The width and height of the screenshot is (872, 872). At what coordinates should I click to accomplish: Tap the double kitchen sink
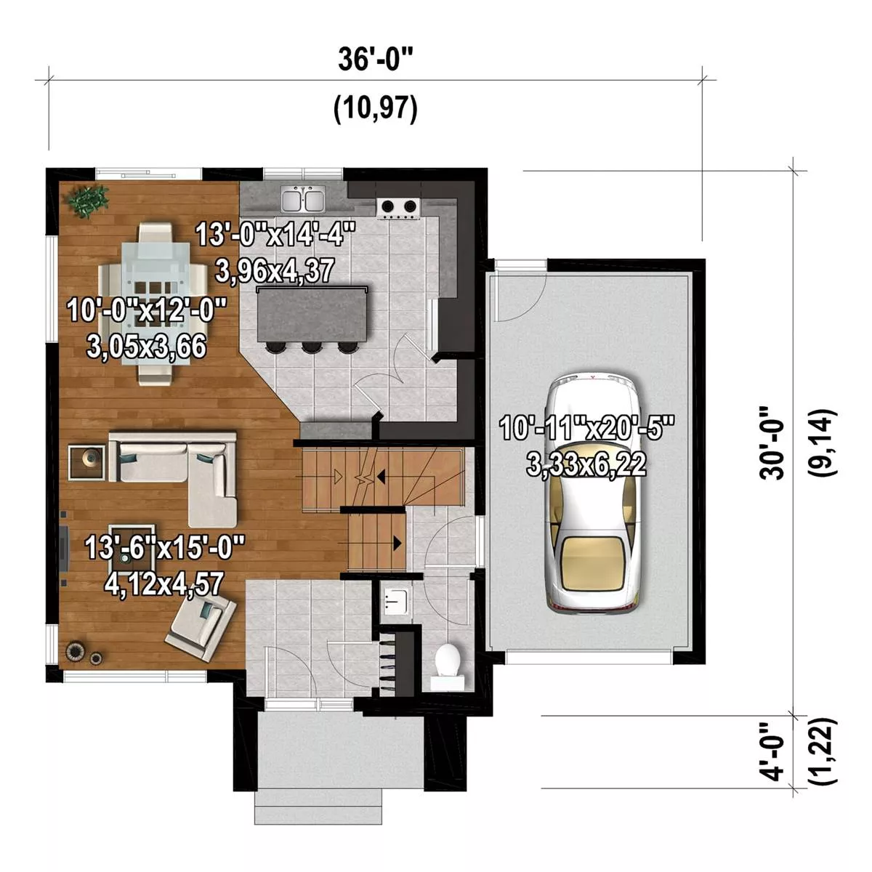coord(303,200)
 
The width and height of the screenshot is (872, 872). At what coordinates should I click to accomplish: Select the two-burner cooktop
coord(398,208)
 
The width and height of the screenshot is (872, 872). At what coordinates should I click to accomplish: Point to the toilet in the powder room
coord(448,668)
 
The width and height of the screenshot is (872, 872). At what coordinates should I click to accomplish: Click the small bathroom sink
coord(396,602)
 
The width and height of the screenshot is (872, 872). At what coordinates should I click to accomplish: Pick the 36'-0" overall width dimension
coord(376,60)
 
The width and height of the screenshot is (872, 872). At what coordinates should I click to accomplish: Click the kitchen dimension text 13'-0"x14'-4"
coord(275,235)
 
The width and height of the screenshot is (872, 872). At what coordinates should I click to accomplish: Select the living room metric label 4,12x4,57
coord(163,584)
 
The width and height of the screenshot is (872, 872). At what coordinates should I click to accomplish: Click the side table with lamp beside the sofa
coord(87,461)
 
